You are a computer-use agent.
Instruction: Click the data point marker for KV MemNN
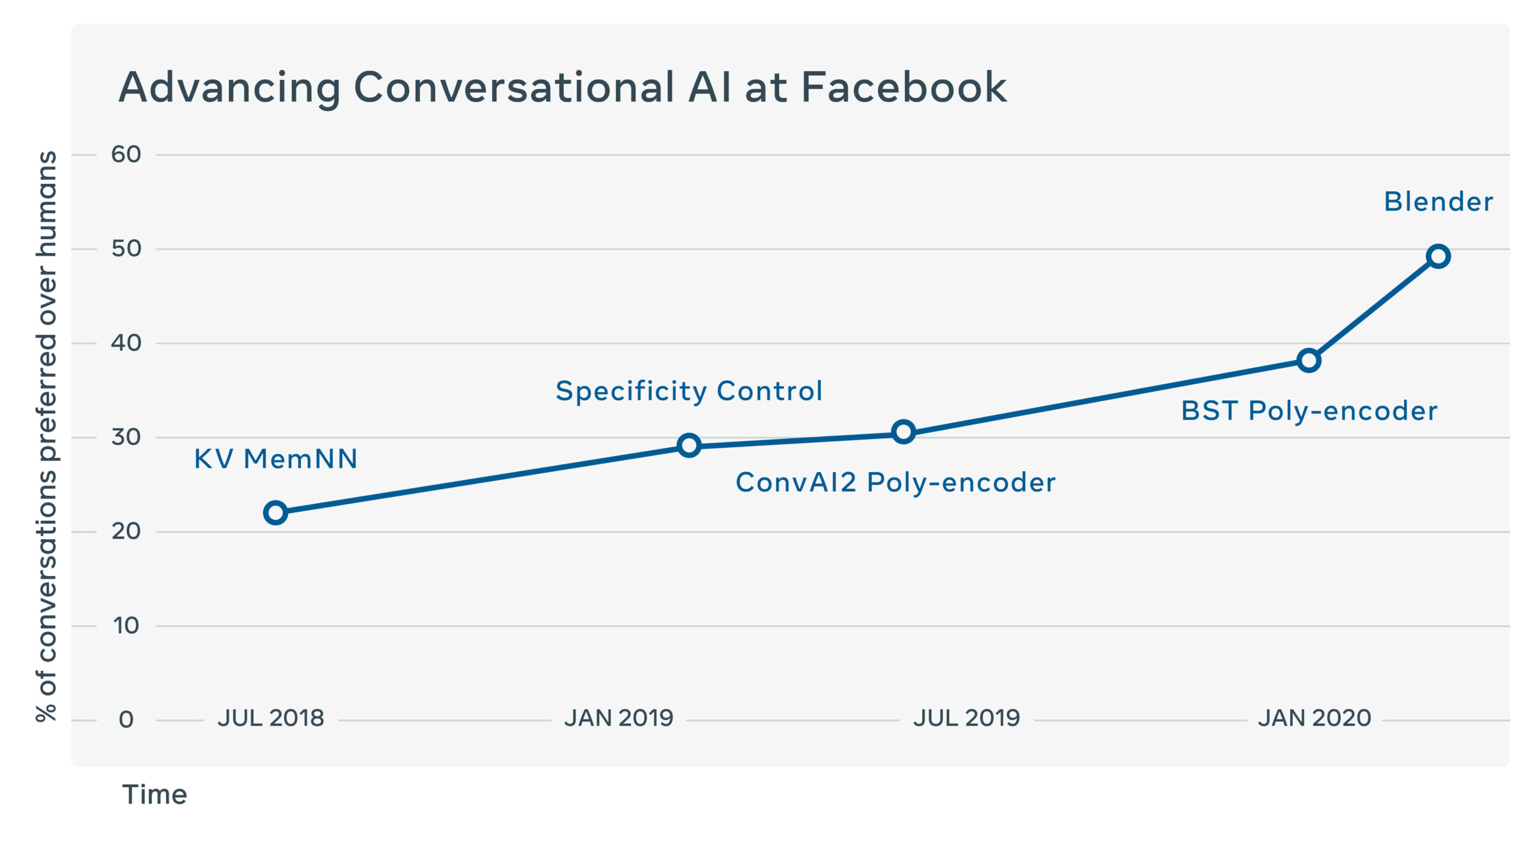point(275,512)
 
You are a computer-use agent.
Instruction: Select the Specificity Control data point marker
point(689,445)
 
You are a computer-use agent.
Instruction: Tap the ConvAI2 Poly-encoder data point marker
point(903,432)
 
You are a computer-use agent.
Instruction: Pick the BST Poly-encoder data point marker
point(1309,360)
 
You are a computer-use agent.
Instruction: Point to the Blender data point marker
point(1439,256)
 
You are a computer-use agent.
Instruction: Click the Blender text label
point(1438,202)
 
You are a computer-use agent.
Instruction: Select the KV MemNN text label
point(276,459)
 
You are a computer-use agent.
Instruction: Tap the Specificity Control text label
point(689,391)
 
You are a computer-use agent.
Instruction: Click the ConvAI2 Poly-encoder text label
point(895,482)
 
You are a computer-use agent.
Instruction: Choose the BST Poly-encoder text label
point(1309,411)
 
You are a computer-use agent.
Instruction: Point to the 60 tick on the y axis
point(126,155)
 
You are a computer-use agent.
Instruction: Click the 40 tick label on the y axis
point(126,343)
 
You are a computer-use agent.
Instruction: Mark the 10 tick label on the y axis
point(126,626)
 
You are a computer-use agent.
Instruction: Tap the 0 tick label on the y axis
point(126,720)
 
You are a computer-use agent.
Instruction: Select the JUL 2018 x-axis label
point(271,718)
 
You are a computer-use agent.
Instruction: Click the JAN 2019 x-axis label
point(619,718)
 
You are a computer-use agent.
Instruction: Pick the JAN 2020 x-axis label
point(1315,718)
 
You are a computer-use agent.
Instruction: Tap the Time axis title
point(155,795)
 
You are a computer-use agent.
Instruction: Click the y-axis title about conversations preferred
point(46,436)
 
